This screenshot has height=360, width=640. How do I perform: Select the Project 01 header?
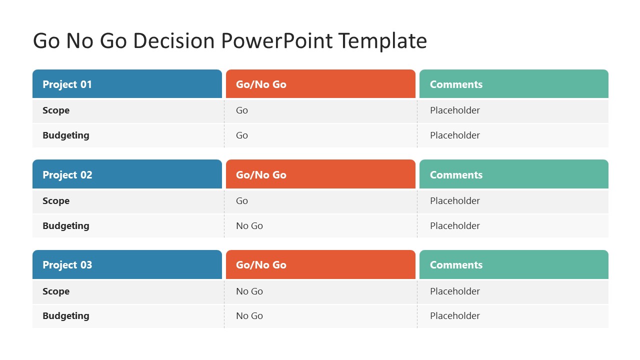tap(67, 84)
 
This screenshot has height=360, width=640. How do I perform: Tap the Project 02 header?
tap(67, 175)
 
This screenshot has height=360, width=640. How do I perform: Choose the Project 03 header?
tap(67, 265)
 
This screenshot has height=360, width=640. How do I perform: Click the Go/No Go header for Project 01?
tap(261, 84)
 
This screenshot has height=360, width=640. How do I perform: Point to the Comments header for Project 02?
tap(456, 175)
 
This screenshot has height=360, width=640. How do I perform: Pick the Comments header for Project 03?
tap(456, 265)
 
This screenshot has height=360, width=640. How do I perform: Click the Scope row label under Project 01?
tap(56, 110)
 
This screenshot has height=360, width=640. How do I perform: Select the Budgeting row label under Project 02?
tap(66, 226)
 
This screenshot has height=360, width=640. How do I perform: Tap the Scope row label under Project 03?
tap(56, 291)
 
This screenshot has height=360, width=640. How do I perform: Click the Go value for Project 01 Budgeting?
tap(242, 135)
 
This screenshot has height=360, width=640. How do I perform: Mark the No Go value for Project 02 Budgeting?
tap(249, 226)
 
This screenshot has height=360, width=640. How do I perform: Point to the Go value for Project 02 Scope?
tap(242, 201)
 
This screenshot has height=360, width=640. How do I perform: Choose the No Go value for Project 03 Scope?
tap(249, 291)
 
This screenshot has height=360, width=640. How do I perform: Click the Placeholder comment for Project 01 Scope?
tap(455, 110)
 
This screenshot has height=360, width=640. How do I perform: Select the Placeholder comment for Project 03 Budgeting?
tap(455, 316)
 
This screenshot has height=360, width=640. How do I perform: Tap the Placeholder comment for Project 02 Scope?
tap(455, 201)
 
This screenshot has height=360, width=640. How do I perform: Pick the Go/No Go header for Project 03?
tap(261, 265)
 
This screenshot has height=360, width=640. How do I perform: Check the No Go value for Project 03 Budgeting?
tap(249, 316)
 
